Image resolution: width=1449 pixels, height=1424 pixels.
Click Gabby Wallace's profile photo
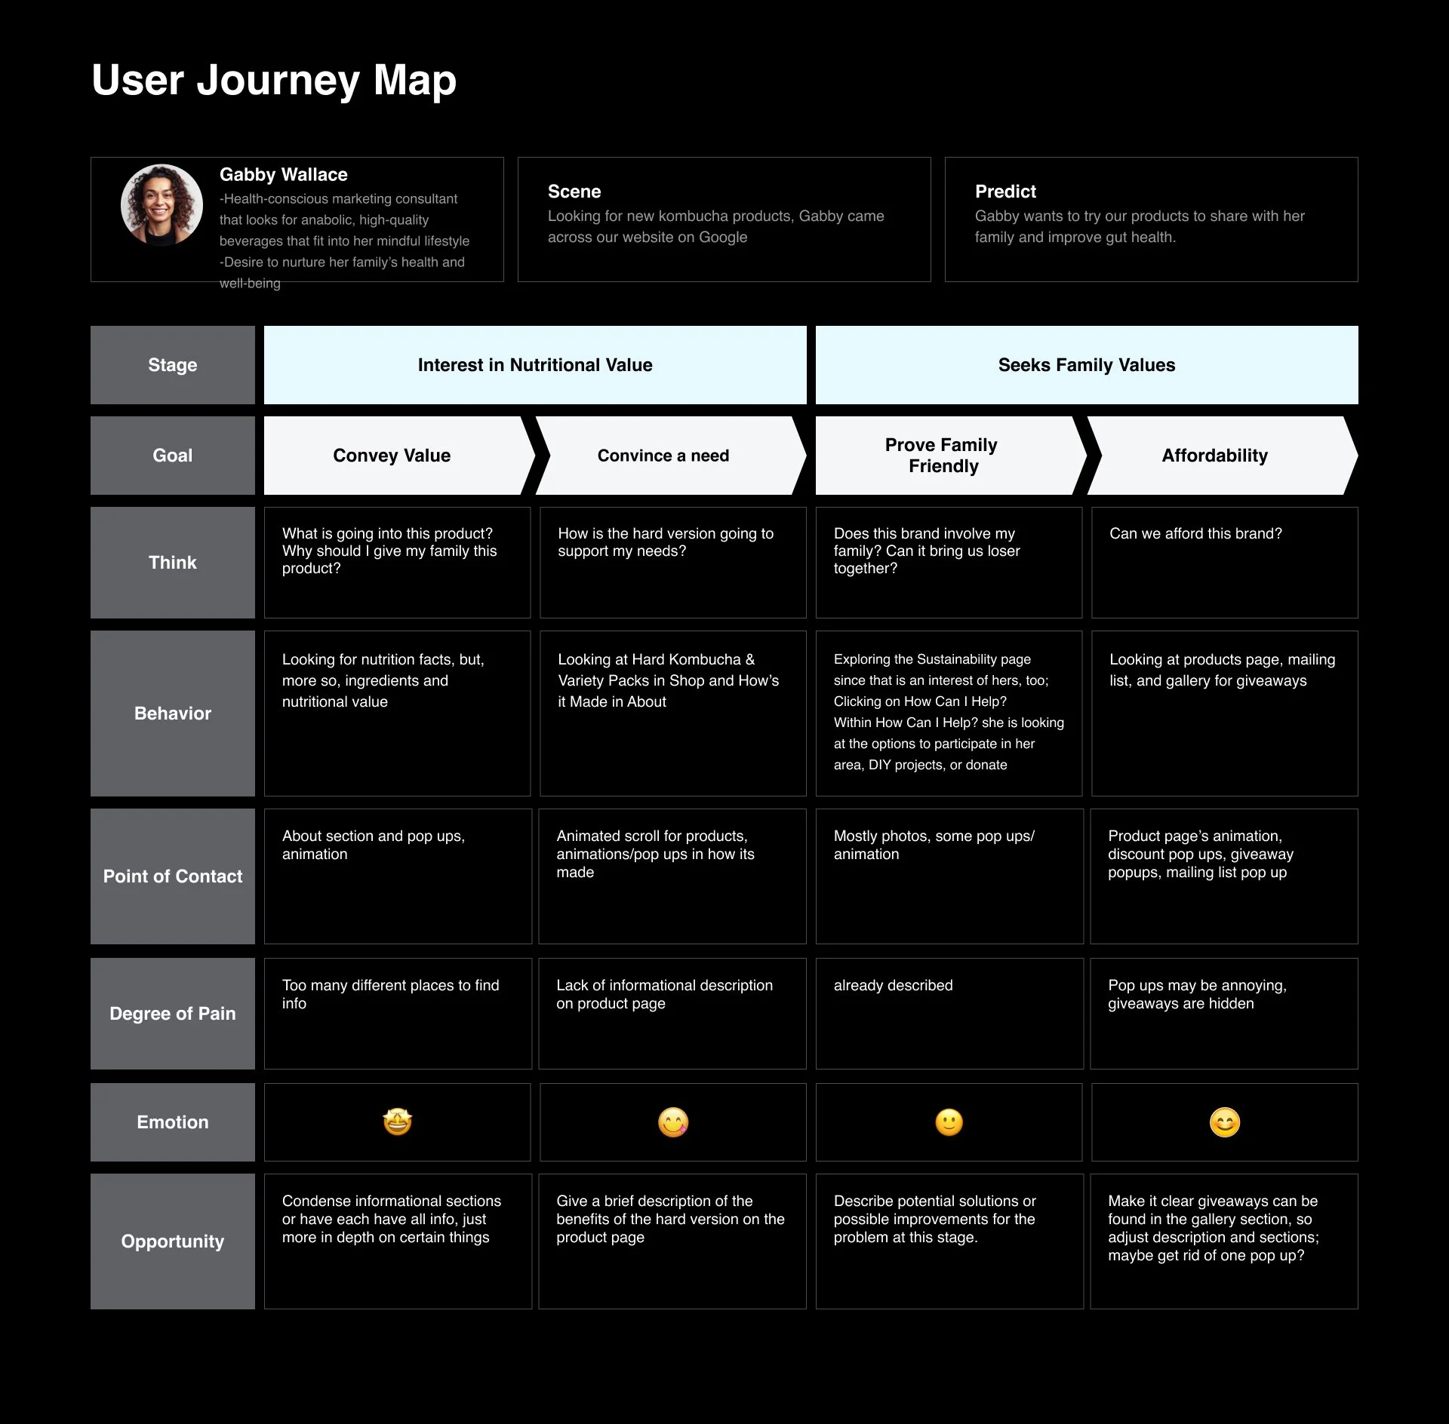pyautogui.click(x=162, y=205)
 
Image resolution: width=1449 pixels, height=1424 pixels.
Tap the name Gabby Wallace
pyautogui.click(x=283, y=175)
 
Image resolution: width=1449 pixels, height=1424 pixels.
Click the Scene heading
pyautogui.click(x=574, y=192)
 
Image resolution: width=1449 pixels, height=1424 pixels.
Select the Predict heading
pyautogui.click(x=1005, y=192)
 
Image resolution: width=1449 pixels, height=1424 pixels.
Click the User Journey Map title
pyautogui.click(x=273, y=80)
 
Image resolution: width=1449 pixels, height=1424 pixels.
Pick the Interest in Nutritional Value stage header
pyautogui.click(x=535, y=365)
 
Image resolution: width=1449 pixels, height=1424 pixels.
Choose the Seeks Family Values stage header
pyautogui.click(x=1086, y=365)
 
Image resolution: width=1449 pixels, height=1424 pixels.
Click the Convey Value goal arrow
pyautogui.click(x=392, y=456)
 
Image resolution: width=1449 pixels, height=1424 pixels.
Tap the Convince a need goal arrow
pyautogui.click(x=663, y=456)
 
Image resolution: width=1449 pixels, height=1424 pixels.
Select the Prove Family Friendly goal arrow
pyautogui.click(x=942, y=456)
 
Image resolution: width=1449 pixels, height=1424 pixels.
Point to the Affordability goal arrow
pyautogui.click(x=1214, y=456)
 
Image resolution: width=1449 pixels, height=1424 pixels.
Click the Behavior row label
pyautogui.click(x=173, y=714)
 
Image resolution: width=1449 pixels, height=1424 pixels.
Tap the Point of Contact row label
pyautogui.click(x=173, y=876)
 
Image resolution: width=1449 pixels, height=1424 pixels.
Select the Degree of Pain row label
pyautogui.click(x=173, y=1014)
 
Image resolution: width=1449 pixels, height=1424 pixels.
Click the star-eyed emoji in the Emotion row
pyautogui.click(x=397, y=1122)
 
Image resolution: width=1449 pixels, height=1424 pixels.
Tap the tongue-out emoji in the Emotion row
pyautogui.click(x=673, y=1122)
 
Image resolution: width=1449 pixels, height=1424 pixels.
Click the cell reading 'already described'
pyautogui.click(x=893, y=986)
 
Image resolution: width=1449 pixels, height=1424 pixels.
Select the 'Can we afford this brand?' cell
pyautogui.click(x=1195, y=534)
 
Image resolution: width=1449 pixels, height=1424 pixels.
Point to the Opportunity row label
pyautogui.click(x=173, y=1241)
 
